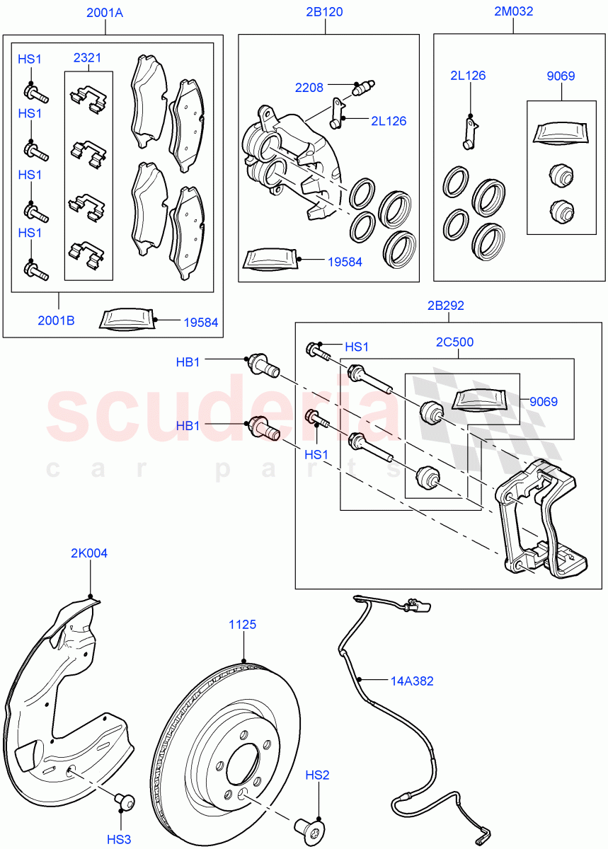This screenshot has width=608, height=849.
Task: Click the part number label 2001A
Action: point(105,12)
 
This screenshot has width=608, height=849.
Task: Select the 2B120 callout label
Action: point(325,12)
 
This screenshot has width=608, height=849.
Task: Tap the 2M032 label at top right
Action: point(513,11)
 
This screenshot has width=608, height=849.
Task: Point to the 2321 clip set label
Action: point(88,58)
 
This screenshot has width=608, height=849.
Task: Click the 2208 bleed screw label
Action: point(309,88)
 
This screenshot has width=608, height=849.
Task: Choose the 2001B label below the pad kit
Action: point(56,320)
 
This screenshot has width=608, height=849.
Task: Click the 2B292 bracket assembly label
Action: point(446,306)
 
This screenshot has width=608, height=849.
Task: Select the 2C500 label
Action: point(456,342)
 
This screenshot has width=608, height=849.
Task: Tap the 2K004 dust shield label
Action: point(89,553)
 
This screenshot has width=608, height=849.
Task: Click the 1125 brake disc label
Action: point(242,625)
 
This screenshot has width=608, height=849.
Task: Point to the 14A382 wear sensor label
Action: point(412,681)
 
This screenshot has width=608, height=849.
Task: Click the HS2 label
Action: point(317,775)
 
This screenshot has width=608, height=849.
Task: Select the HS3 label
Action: point(119,839)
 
